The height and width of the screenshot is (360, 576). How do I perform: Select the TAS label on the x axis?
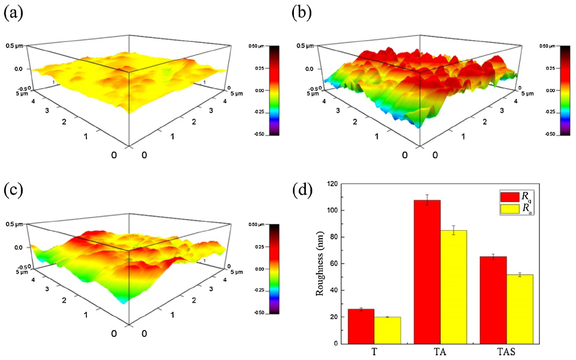point(505,352)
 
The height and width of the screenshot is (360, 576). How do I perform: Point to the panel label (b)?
point(303,13)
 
